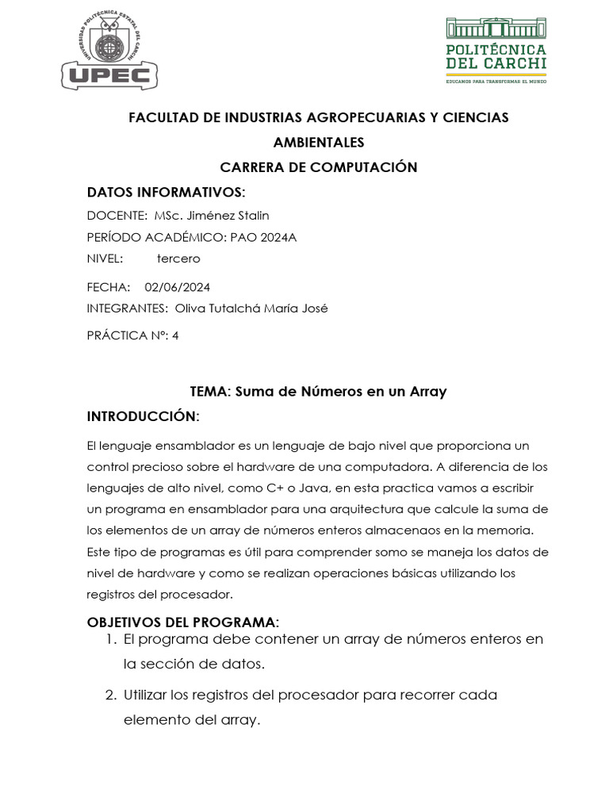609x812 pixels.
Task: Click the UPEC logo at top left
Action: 109,51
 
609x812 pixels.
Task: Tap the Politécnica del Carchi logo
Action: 496,51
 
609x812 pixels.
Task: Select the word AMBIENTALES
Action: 319,143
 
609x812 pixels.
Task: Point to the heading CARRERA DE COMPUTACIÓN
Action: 319,167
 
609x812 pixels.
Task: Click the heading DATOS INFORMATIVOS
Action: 166,193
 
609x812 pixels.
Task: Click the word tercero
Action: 178,259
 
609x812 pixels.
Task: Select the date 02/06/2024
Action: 178,287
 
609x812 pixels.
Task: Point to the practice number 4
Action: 175,335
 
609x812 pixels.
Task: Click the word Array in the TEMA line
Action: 428,391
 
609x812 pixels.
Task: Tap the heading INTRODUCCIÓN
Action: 143,416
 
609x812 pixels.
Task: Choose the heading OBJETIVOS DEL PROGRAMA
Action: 182,621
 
